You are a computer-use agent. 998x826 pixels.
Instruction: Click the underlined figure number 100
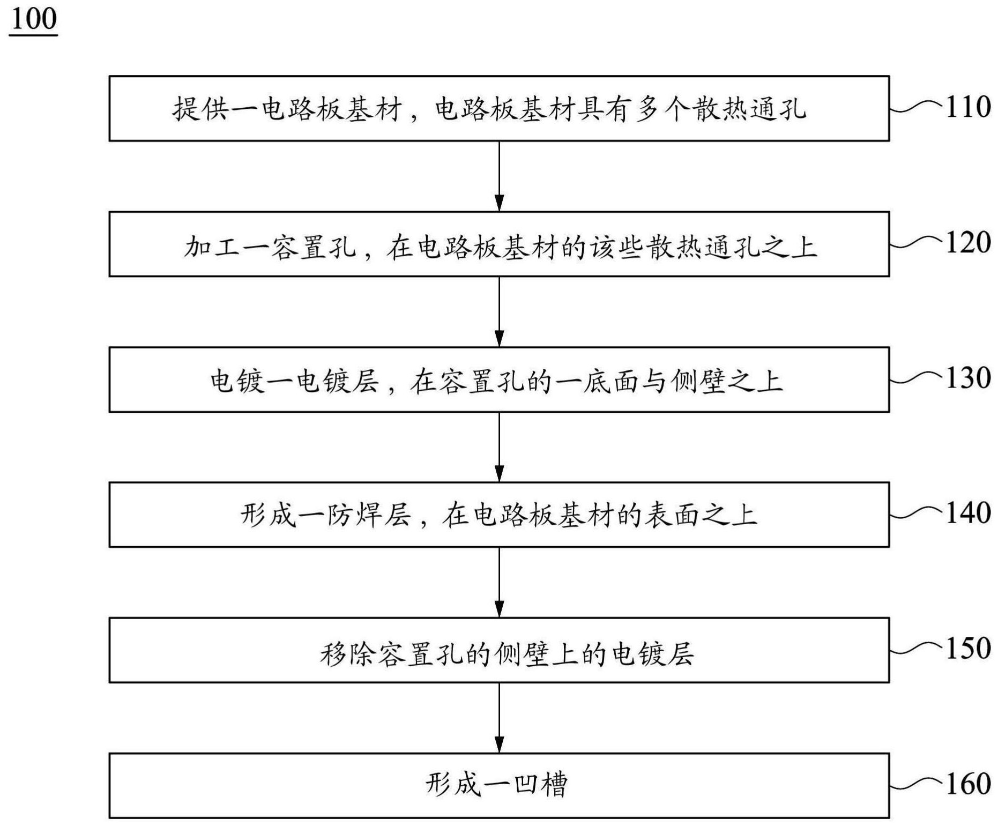tap(33, 19)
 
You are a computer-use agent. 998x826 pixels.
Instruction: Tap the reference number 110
tap(968, 107)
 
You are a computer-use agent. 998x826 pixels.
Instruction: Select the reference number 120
tap(968, 242)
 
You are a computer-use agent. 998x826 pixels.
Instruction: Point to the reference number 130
tap(968, 378)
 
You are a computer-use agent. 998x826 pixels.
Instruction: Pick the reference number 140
tap(968, 513)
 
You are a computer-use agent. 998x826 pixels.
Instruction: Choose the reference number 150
tap(968, 649)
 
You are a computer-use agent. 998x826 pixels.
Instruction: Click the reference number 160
tap(968, 784)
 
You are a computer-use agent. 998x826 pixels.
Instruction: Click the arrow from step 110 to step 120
tap(499, 176)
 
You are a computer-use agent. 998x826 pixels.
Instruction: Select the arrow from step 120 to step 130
tap(499, 312)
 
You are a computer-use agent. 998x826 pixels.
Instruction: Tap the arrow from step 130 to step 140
tap(499, 447)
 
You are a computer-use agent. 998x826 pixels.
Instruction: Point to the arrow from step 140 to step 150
tap(499, 583)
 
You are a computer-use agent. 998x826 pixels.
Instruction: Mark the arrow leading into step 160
tap(499, 718)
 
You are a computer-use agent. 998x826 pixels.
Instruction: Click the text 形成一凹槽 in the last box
tap(497, 785)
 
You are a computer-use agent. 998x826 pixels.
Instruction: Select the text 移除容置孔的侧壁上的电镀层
tap(507, 654)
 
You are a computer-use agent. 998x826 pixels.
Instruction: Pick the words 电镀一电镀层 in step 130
tap(294, 382)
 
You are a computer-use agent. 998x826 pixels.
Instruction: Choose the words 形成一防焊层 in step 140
tap(325, 515)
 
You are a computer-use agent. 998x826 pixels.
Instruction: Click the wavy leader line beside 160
tap(915, 784)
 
